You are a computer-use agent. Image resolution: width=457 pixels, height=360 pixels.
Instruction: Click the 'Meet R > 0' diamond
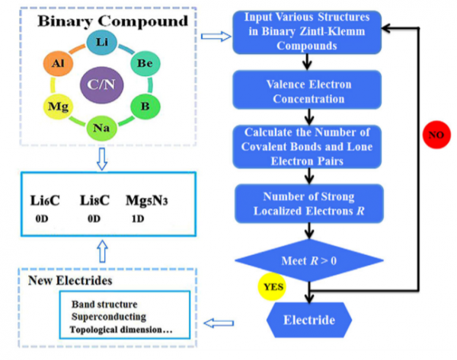pos(308,262)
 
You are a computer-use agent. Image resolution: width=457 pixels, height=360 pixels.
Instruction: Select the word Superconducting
pos(106,315)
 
